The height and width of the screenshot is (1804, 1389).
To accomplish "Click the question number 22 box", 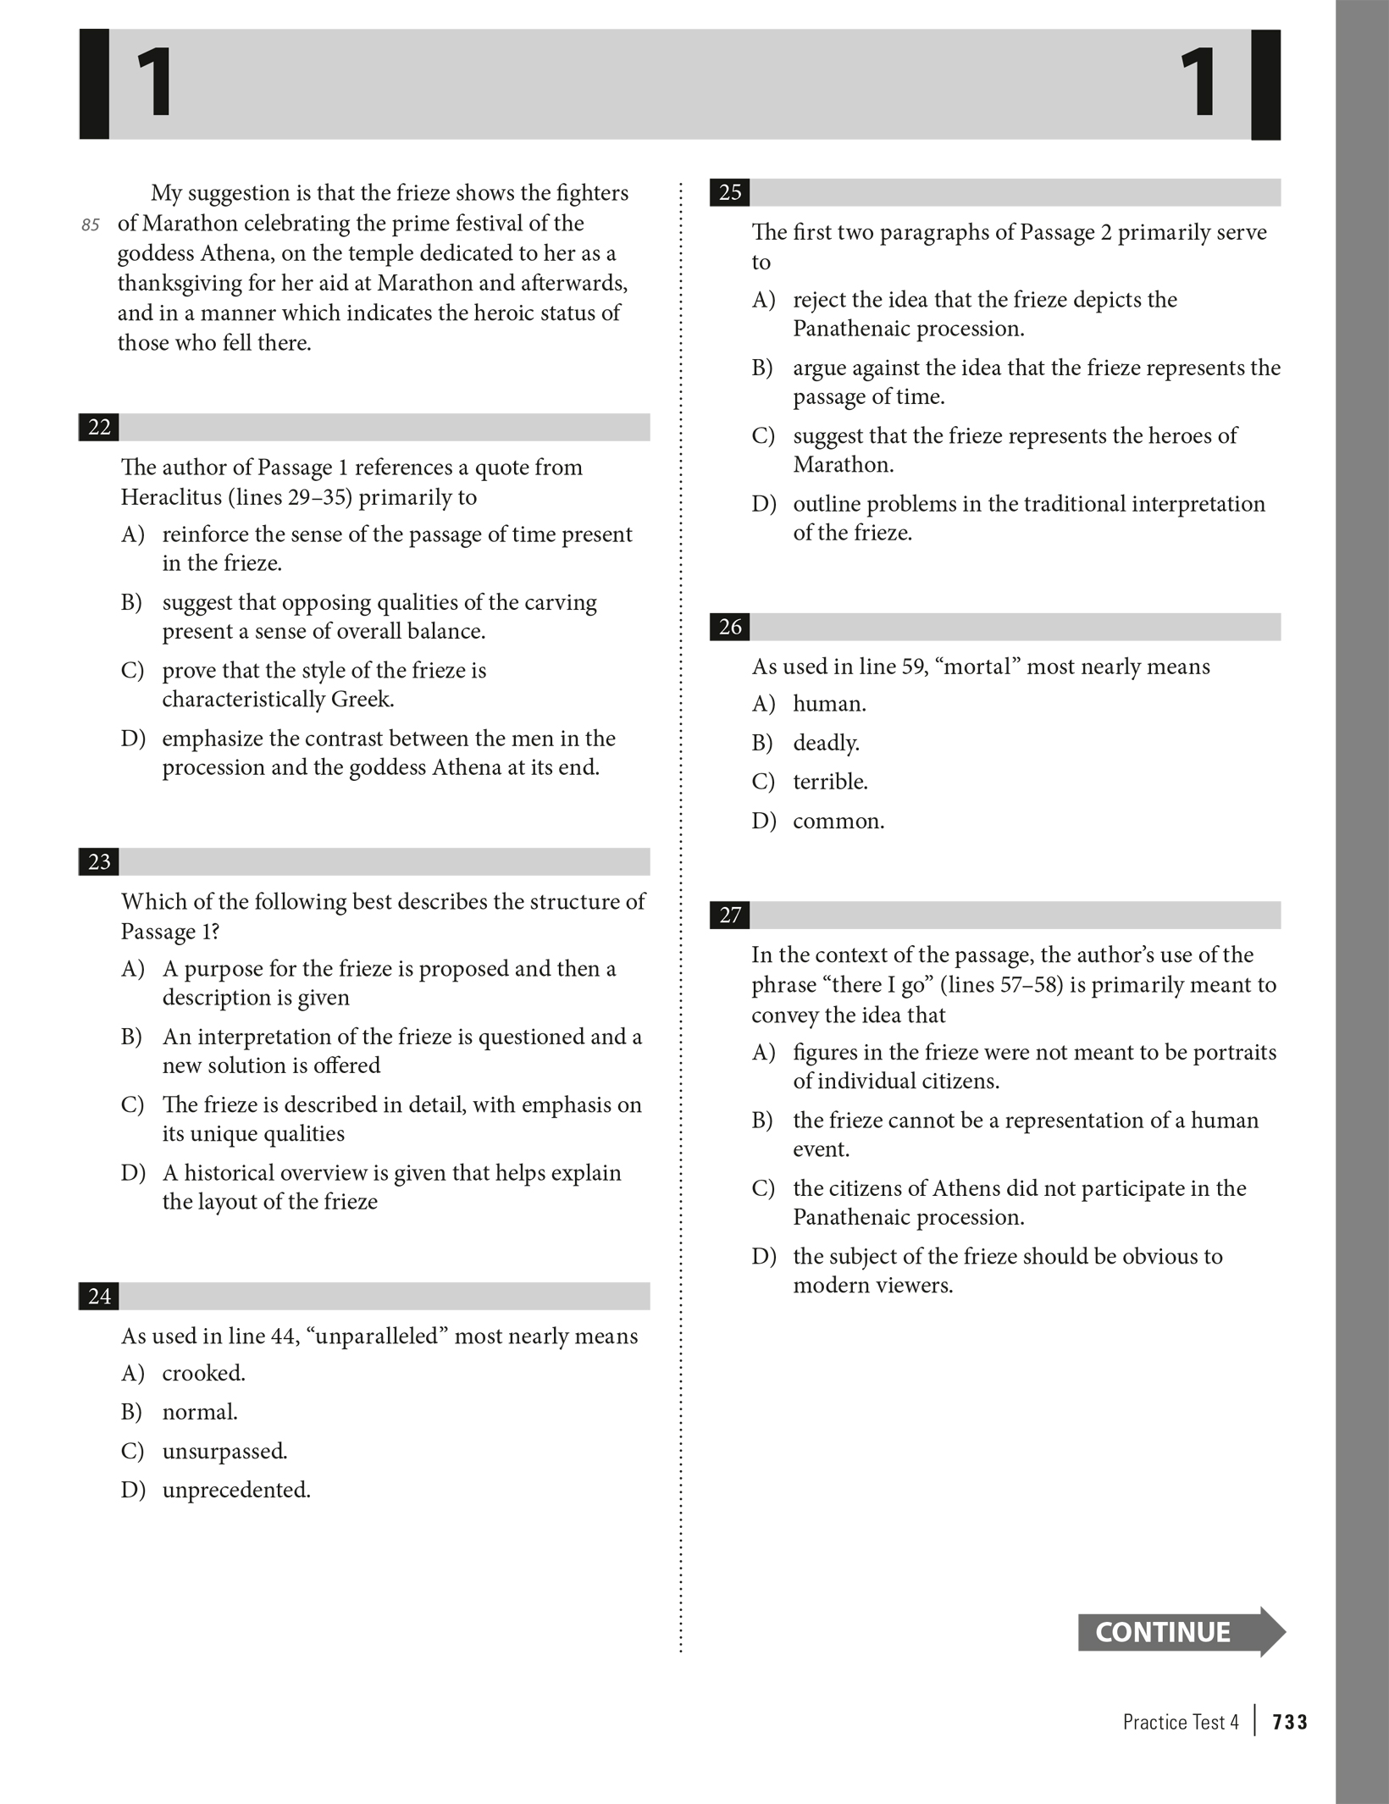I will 99,427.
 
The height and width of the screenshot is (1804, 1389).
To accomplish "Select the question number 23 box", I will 99,861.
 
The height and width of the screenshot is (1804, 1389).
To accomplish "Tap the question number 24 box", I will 99,1296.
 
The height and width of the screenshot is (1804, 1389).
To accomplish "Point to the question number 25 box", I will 730,193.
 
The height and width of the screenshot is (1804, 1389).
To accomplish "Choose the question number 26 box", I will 730,627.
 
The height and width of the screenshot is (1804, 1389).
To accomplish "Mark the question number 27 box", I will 730,915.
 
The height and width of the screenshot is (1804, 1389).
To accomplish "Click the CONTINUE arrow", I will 1180,1631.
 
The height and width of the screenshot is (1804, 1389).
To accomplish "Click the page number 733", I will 1290,1722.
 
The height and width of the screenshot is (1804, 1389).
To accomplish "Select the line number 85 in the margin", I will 91,225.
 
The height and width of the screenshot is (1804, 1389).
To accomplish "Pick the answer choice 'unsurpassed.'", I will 224,1451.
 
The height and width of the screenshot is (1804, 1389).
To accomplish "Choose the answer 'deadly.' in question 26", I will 826,743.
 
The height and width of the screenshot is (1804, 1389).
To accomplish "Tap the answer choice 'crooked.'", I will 203,1373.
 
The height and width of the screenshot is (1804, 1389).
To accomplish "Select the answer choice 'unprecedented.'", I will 236,1490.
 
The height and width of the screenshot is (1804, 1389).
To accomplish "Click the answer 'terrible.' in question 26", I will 830,782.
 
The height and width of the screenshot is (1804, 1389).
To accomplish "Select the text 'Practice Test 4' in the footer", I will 1180,1722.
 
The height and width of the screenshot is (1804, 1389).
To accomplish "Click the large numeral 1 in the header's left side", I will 155,83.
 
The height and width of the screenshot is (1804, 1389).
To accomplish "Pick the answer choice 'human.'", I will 829,704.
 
